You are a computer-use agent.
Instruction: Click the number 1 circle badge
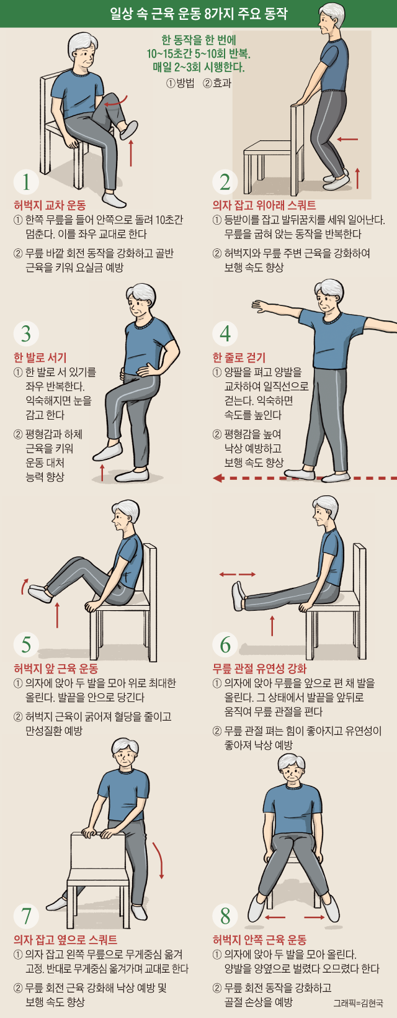pos(26,181)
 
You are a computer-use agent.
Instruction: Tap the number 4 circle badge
pos(225,333)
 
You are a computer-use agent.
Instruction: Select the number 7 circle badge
pos(26,916)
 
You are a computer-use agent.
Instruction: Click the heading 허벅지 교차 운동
pos(50,205)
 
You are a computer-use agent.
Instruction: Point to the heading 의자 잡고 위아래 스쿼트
pos(264,205)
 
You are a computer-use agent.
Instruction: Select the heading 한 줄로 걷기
pos(239,357)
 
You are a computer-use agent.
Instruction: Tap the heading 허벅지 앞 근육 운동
pos(56,669)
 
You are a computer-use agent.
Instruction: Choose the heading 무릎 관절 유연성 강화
pos(259,669)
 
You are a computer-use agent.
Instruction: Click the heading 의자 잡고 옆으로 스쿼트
pos(65,940)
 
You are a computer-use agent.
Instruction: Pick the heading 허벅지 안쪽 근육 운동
pos(259,940)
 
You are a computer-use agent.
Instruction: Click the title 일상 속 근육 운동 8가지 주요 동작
pos(198,14)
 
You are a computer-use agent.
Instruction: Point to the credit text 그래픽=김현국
pos(358,1002)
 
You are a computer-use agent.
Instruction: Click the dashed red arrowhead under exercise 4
pos(218,477)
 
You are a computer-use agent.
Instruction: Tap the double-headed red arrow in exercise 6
pos(237,574)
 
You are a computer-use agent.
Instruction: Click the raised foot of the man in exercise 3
pos(107,451)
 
